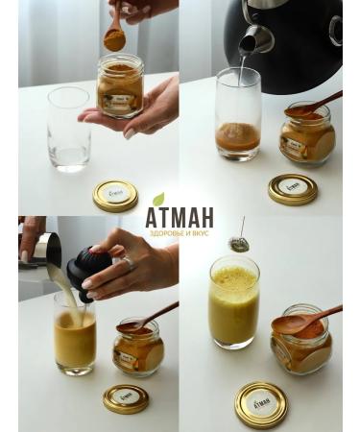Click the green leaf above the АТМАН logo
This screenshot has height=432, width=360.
(159, 199)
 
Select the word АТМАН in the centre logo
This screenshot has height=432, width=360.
(180, 218)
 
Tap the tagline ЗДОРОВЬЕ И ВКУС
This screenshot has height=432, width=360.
(180, 233)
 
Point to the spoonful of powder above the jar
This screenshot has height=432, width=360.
(114, 39)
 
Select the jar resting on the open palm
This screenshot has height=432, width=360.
(120, 86)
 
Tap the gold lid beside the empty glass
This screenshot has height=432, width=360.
(116, 195)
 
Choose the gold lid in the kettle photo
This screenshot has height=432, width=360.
(293, 188)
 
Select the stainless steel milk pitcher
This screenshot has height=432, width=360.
(43, 252)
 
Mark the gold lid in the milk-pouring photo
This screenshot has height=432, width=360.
(126, 397)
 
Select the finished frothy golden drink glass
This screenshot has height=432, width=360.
(233, 301)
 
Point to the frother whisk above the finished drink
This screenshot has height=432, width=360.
(238, 244)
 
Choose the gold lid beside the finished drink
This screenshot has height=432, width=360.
(261, 403)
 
